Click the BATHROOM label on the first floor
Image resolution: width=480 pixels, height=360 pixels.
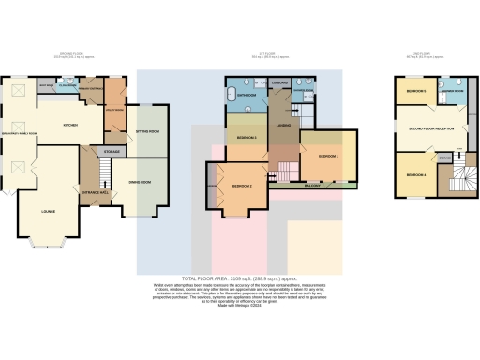pyautogui.click(x=247, y=95)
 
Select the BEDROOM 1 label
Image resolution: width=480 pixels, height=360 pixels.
pyautogui.click(x=328, y=155)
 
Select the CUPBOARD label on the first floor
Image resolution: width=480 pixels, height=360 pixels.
pyautogui.click(x=278, y=82)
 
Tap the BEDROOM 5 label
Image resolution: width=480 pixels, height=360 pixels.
pyautogui.click(x=414, y=91)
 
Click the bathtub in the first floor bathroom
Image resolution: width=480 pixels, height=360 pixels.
pyautogui.click(x=231, y=96)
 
